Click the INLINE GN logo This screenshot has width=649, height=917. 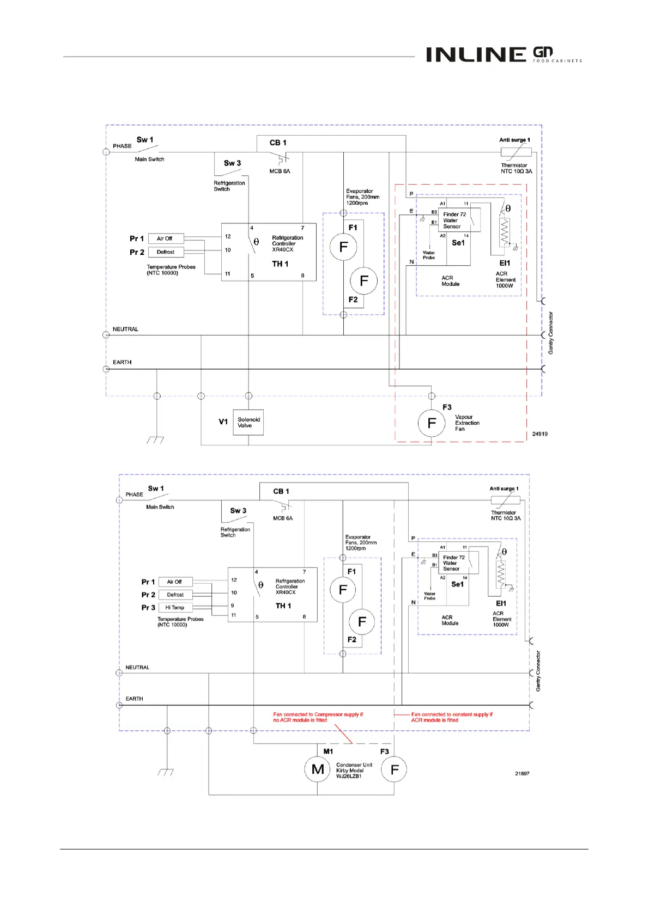[504, 54]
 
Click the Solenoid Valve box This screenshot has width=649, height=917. [248, 423]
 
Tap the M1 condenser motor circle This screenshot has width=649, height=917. [318, 769]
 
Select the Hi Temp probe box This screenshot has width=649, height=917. [175, 608]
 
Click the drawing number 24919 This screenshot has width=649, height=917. [539, 434]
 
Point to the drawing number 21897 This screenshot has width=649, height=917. [522, 773]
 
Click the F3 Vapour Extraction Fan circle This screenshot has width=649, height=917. [432, 423]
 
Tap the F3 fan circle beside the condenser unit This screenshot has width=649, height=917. [395, 769]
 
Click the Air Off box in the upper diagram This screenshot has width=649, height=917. [165, 239]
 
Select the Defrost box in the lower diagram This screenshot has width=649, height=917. [175, 595]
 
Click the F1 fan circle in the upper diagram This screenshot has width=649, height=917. [343, 247]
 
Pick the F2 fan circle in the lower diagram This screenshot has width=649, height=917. [362, 622]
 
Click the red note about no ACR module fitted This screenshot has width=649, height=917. [318, 717]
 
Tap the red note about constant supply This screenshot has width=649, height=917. [452, 717]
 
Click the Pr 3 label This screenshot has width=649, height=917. [148, 608]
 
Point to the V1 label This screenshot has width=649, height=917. [223, 422]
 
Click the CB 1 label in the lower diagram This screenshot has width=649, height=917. [281, 491]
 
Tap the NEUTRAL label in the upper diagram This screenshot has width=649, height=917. [125, 329]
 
